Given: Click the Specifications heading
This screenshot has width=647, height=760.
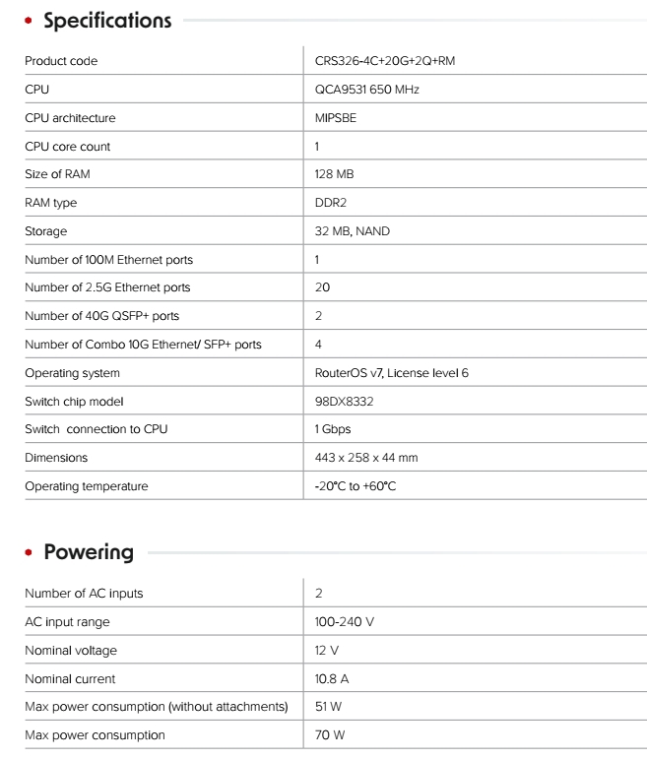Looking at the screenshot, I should click(x=107, y=20).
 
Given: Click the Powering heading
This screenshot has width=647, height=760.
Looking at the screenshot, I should click(x=89, y=551).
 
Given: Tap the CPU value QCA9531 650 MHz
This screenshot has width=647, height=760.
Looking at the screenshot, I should click(x=359, y=90).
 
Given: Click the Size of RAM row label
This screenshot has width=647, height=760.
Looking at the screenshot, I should click(x=64, y=174).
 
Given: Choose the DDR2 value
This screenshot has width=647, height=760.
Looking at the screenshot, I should click(x=332, y=203).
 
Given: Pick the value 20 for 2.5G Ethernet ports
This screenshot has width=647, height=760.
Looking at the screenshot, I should click(x=322, y=287).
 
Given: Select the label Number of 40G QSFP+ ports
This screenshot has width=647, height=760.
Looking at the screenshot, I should click(x=101, y=316).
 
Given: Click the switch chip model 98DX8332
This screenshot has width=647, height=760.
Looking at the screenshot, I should click(x=344, y=402).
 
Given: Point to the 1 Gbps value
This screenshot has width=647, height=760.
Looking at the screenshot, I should click(x=333, y=429).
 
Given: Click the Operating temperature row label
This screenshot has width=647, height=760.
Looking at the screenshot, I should click(x=86, y=486).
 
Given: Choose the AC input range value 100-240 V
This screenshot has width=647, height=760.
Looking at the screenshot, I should click(x=344, y=622).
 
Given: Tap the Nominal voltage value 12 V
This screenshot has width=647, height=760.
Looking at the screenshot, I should click(x=327, y=651).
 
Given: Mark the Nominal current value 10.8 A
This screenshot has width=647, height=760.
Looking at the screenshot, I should click(x=333, y=678).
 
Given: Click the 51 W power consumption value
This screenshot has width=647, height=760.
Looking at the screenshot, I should click(x=329, y=707).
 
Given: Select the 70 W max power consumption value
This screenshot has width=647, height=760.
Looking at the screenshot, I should click(x=330, y=735).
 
